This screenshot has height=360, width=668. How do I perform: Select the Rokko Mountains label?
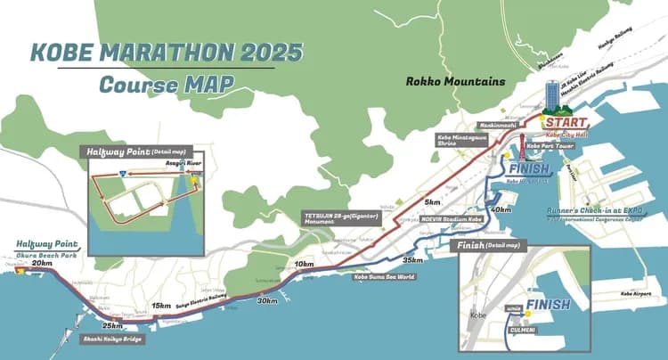tap(455, 82)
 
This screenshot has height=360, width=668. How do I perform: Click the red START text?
tap(566, 121)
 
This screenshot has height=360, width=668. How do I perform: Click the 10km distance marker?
tap(304, 265)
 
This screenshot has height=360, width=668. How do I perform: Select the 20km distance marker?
tap(41, 264)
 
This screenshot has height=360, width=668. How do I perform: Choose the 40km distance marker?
tap(501, 210)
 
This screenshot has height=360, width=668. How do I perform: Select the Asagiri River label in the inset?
tap(181, 164)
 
